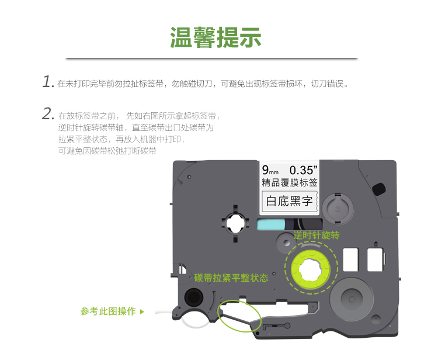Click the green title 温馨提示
pyautogui.click(x=215, y=37)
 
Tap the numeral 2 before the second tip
pyautogui.click(x=48, y=114)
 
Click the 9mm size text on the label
pyautogui.click(x=270, y=170)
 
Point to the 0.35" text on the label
pyautogui.click(x=303, y=170)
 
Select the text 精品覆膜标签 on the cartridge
pyautogui.click(x=290, y=182)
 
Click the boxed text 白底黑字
pyautogui.click(x=289, y=201)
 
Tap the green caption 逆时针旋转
pyautogui.click(x=316, y=235)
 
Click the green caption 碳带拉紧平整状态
pyautogui.click(x=231, y=278)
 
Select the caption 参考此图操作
pyautogui.click(x=108, y=311)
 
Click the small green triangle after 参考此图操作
pyautogui.click(x=142, y=311)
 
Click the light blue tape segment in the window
pyautogui.click(x=270, y=224)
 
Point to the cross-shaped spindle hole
pyautogui.click(x=235, y=224)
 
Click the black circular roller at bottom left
pyautogui.click(x=193, y=297)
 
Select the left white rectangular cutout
pyautogui.click(x=350, y=259)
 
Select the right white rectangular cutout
pyautogui.click(x=375, y=259)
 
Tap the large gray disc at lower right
pyautogui.click(x=352, y=299)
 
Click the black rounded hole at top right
pyautogui.click(x=379, y=189)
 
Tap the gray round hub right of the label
pyautogui.click(x=338, y=209)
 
